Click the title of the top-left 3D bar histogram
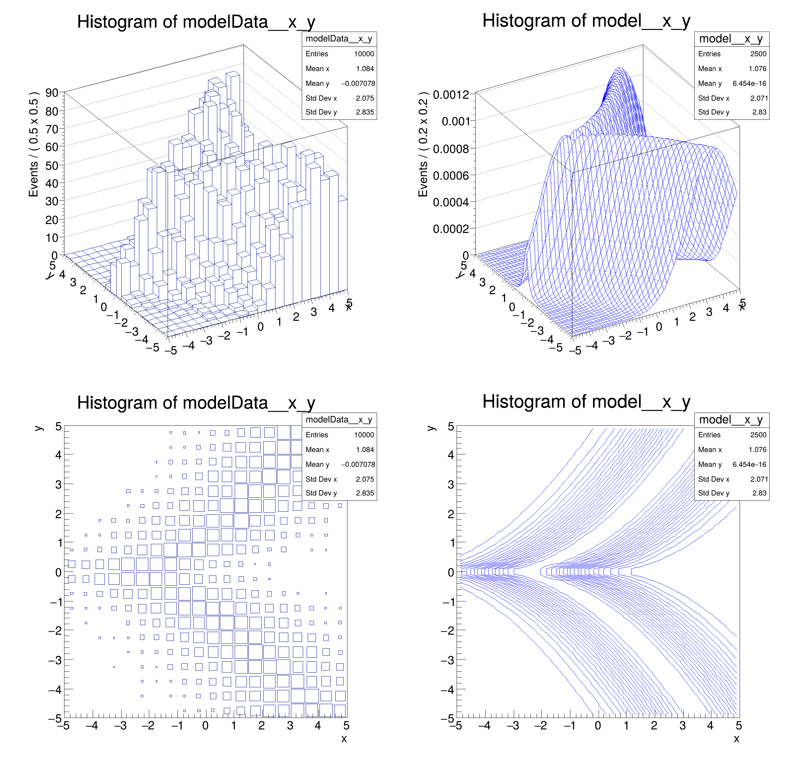click(x=196, y=22)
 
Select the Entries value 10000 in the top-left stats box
click(x=364, y=54)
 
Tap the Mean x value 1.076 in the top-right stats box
click(x=757, y=68)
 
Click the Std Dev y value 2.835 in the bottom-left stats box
click(x=365, y=493)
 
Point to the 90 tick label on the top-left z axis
click(x=52, y=93)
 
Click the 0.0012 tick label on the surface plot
click(x=451, y=95)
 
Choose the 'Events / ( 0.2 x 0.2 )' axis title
click(x=423, y=144)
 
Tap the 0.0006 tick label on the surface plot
click(x=451, y=176)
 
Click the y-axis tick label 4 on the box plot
click(x=59, y=455)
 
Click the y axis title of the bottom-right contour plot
click(x=431, y=428)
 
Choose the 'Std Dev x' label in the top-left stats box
click(x=321, y=98)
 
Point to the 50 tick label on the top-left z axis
click(x=52, y=165)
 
